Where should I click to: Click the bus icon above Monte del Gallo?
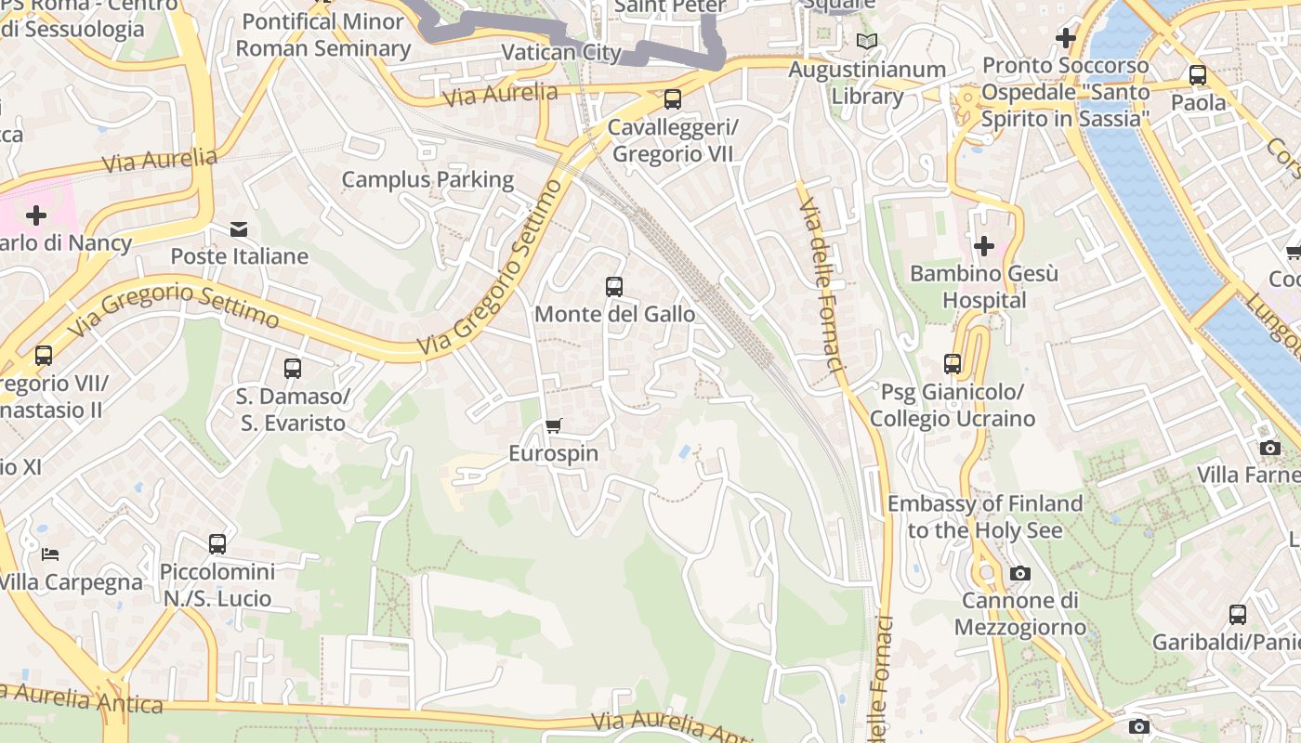[x=613, y=287]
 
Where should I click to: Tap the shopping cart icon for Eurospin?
[x=554, y=426]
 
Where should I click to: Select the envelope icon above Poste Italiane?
[x=239, y=229]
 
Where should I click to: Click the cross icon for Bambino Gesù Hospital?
[x=983, y=246]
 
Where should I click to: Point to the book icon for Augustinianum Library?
[x=866, y=42]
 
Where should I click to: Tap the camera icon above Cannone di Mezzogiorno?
[x=1020, y=573]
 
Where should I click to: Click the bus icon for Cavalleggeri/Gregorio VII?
[x=672, y=99]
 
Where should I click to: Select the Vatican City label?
[x=560, y=52]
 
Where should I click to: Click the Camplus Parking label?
[x=427, y=179]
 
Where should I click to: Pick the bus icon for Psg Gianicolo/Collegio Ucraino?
[x=953, y=364]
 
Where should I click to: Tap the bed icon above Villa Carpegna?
[x=50, y=554]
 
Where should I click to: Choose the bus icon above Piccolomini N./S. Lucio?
[x=217, y=544]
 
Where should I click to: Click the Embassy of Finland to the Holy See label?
[x=985, y=517]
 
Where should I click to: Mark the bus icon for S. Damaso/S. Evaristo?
[x=293, y=369]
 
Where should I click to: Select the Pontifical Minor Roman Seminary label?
[x=322, y=34]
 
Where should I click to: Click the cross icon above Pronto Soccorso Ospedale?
[x=1066, y=38]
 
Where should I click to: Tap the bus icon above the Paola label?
[x=1198, y=75]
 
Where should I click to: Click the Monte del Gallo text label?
[x=614, y=314]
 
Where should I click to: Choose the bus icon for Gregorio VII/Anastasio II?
[x=44, y=356]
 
